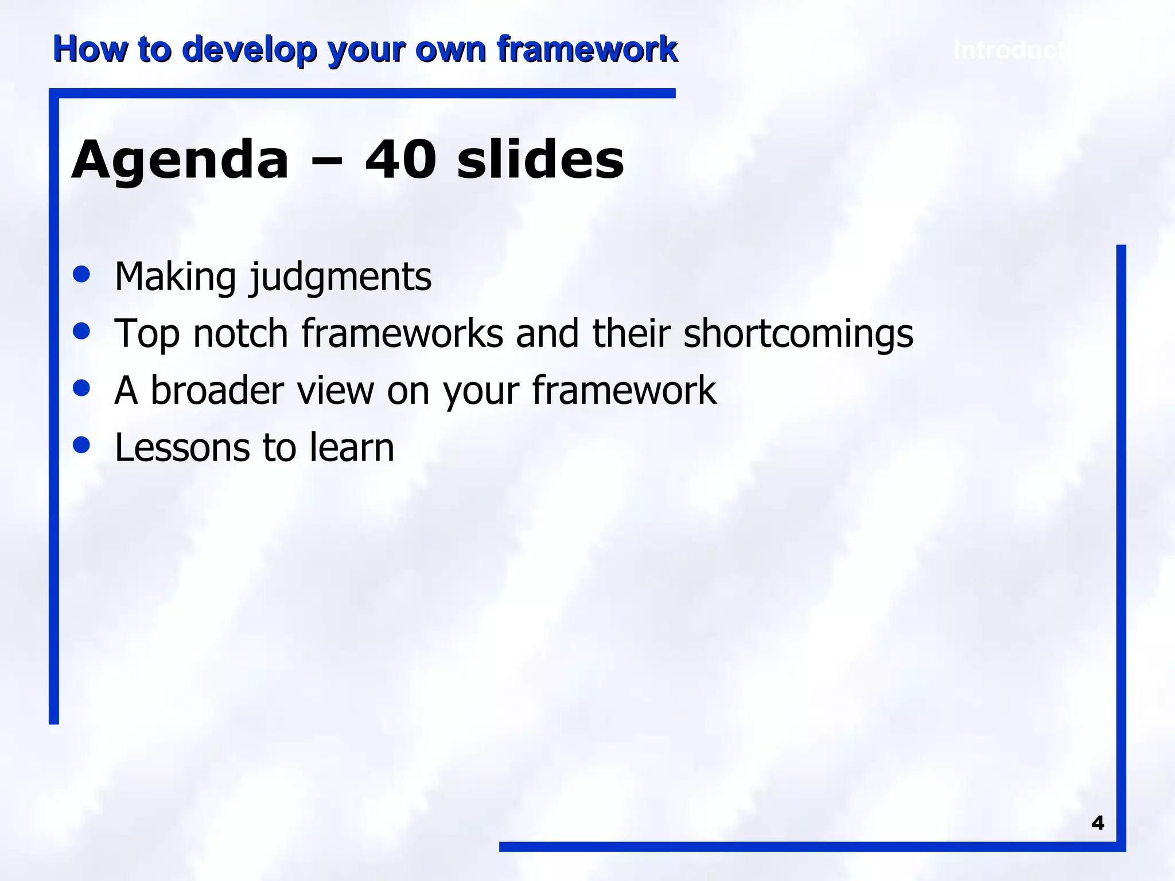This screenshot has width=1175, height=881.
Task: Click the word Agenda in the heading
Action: coord(180,161)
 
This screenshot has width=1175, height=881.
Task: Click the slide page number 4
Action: coord(1098,823)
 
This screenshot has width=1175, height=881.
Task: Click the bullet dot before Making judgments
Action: coord(82,274)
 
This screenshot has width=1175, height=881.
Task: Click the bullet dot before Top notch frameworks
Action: coord(82,330)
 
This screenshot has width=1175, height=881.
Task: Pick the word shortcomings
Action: coord(798,334)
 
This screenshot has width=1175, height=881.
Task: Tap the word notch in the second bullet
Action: coord(240,333)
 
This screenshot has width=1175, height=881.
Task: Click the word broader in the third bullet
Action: coord(217,390)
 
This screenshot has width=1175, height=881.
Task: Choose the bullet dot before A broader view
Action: coord(82,387)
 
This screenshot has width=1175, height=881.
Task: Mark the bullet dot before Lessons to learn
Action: coord(82,445)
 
